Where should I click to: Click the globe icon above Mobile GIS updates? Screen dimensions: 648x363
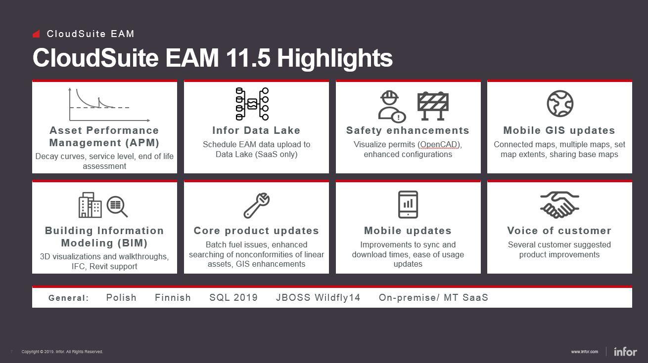[x=560, y=104]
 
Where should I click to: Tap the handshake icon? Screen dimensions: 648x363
[x=559, y=205]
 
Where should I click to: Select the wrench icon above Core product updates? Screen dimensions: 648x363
[x=257, y=205]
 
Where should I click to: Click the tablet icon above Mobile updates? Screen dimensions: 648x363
[x=408, y=204]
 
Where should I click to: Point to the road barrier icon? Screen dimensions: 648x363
[x=433, y=106]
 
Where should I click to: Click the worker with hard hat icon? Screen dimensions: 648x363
[x=392, y=107]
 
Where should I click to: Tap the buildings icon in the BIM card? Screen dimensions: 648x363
[x=90, y=205]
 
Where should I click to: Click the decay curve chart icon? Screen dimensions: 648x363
[x=109, y=105]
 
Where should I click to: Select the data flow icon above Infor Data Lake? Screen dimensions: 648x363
[x=252, y=104]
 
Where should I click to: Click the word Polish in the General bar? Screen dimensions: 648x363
[x=121, y=297]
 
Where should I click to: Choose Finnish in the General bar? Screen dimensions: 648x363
[x=173, y=297]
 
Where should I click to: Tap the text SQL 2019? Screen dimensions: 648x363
[x=233, y=297]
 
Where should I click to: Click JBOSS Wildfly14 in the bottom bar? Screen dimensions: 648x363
[x=318, y=297]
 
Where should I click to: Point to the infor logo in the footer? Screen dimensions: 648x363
[x=625, y=352]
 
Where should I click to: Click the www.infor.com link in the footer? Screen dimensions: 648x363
[x=584, y=352]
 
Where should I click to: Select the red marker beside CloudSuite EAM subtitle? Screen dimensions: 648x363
[x=36, y=34]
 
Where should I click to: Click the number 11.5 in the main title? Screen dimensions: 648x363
[x=248, y=58]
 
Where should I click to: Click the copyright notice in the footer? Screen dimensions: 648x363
[x=62, y=352]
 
